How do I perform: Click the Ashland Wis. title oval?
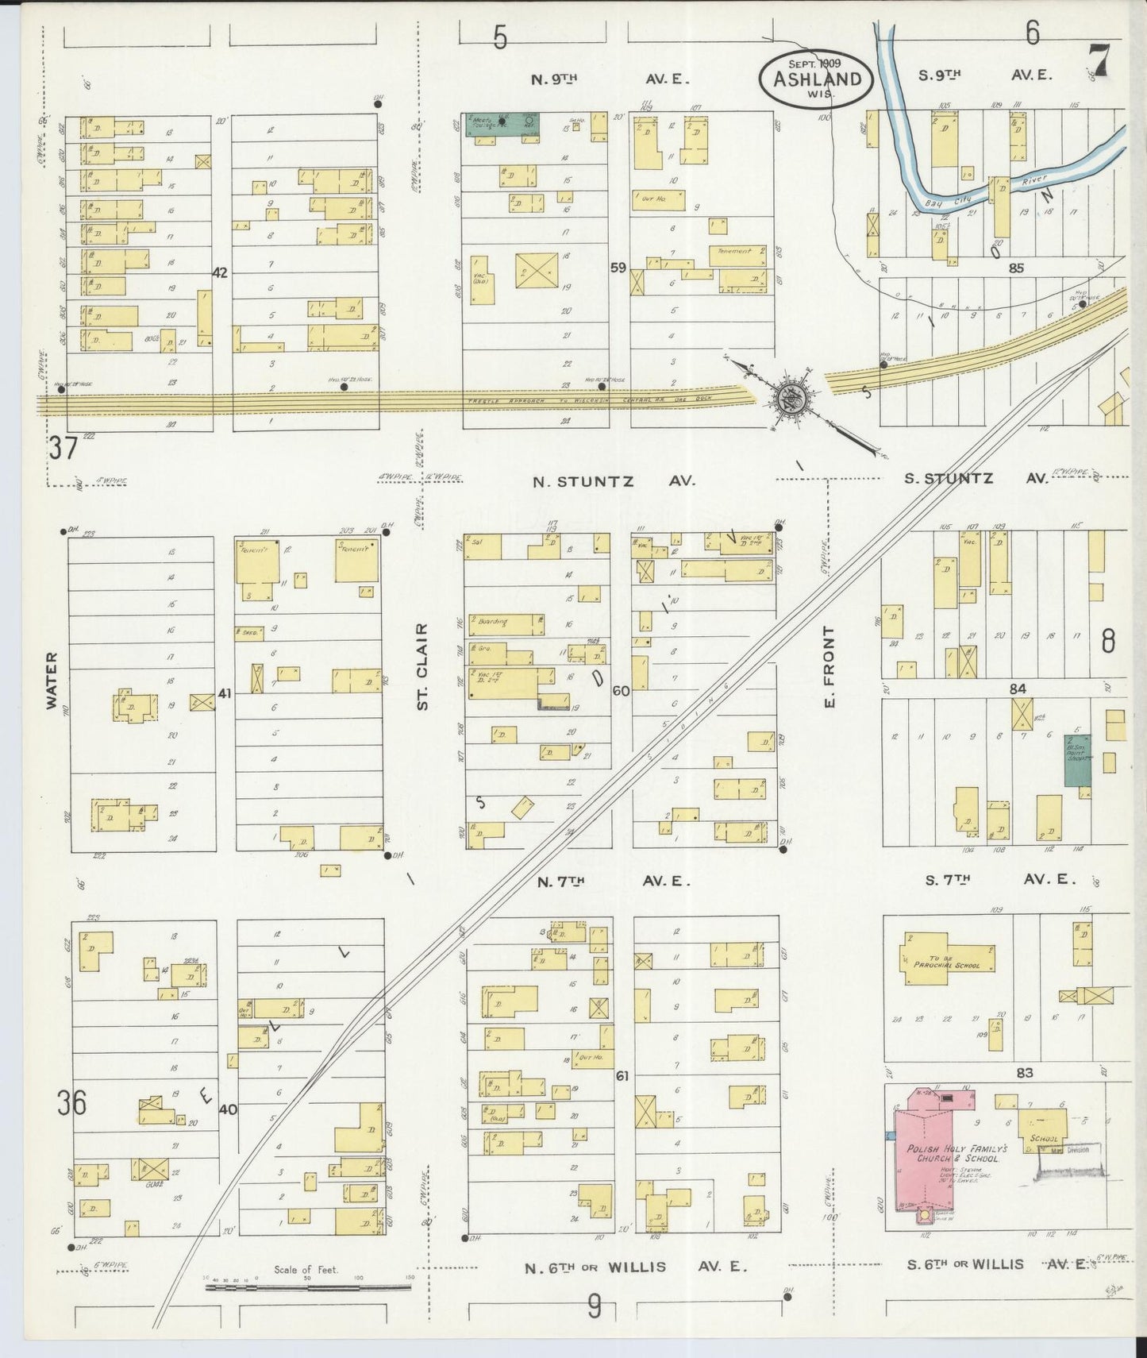click(817, 77)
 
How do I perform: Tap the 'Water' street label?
click(52, 680)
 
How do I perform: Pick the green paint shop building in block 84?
click(1077, 760)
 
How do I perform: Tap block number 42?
click(220, 272)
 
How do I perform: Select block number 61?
click(622, 1076)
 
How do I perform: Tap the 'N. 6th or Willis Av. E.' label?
click(634, 1267)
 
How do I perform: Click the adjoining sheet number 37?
click(63, 448)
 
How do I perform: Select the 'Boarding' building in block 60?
click(505, 624)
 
